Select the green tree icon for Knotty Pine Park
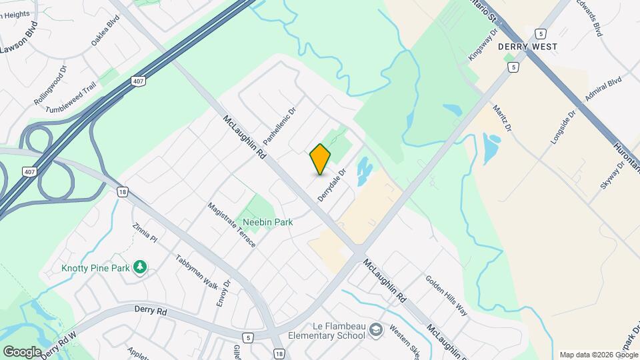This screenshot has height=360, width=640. point(139,267)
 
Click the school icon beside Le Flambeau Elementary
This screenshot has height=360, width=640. point(377,330)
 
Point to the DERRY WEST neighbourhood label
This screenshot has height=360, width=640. point(527,47)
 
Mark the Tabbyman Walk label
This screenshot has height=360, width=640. point(197,271)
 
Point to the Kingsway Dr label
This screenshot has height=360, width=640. point(483,45)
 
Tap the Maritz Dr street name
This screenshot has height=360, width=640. point(502,117)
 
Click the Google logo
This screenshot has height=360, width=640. point(22,351)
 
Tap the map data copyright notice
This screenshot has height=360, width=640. point(598,355)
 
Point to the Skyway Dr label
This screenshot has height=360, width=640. point(611,175)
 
